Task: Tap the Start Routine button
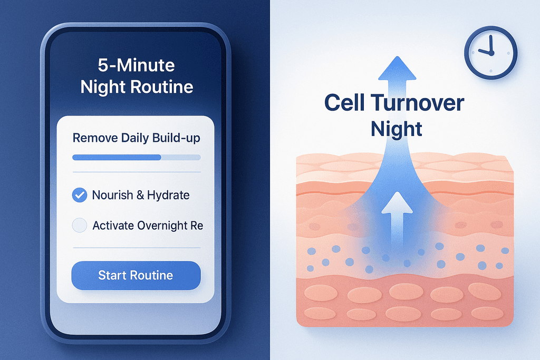pos(136,275)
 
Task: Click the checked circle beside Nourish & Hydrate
pos(80,195)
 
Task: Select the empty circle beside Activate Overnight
pos(80,226)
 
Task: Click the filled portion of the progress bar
pos(117,157)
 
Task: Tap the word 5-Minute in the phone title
pos(137,65)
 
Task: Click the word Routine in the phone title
pos(162,87)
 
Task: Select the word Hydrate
pos(168,195)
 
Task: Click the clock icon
pos(491,53)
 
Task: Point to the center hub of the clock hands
pos(491,53)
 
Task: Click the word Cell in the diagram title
pos(345,103)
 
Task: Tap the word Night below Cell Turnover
pos(397,129)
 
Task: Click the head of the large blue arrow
pos(397,68)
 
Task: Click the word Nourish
pos(113,195)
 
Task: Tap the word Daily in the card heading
pos(135,138)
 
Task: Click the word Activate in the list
pos(113,226)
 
